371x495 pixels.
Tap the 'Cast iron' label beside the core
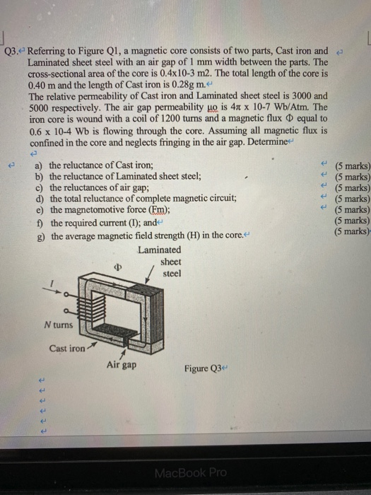(68, 348)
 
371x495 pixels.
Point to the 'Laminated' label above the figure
(159, 250)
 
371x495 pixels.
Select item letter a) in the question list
(40, 165)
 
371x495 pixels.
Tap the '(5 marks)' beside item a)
(352, 165)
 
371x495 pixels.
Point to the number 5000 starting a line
(41, 107)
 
